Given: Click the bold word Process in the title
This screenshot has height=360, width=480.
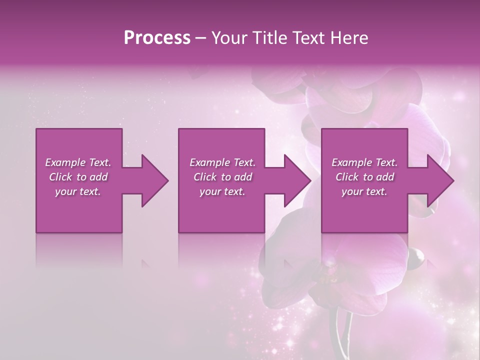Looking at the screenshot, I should pyautogui.click(x=157, y=38).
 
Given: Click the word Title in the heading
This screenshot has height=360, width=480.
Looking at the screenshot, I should pyautogui.click(x=270, y=38).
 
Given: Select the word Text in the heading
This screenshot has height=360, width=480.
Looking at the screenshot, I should pyautogui.click(x=311, y=38).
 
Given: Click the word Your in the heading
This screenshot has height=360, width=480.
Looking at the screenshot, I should pyautogui.click(x=229, y=38).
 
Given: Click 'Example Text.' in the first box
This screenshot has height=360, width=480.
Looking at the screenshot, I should pyautogui.click(x=78, y=162).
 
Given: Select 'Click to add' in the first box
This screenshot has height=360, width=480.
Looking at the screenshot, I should pyautogui.click(x=78, y=177).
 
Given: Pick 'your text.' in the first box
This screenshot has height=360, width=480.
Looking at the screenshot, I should pyautogui.click(x=78, y=191).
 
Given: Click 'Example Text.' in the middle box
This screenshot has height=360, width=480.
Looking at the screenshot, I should pyautogui.click(x=222, y=162).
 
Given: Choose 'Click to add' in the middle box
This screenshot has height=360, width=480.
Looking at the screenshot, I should pyautogui.click(x=222, y=177).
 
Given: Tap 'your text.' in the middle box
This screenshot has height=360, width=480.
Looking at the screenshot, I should pyautogui.click(x=222, y=191).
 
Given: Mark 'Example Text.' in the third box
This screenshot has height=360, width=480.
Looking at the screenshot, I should pyautogui.click(x=364, y=162).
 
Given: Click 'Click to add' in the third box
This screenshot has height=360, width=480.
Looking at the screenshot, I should pyautogui.click(x=364, y=177).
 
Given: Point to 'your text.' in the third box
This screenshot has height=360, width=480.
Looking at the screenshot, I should pyautogui.click(x=364, y=191).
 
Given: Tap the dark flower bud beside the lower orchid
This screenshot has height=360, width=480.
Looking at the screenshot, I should pyautogui.click(x=415, y=256).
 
